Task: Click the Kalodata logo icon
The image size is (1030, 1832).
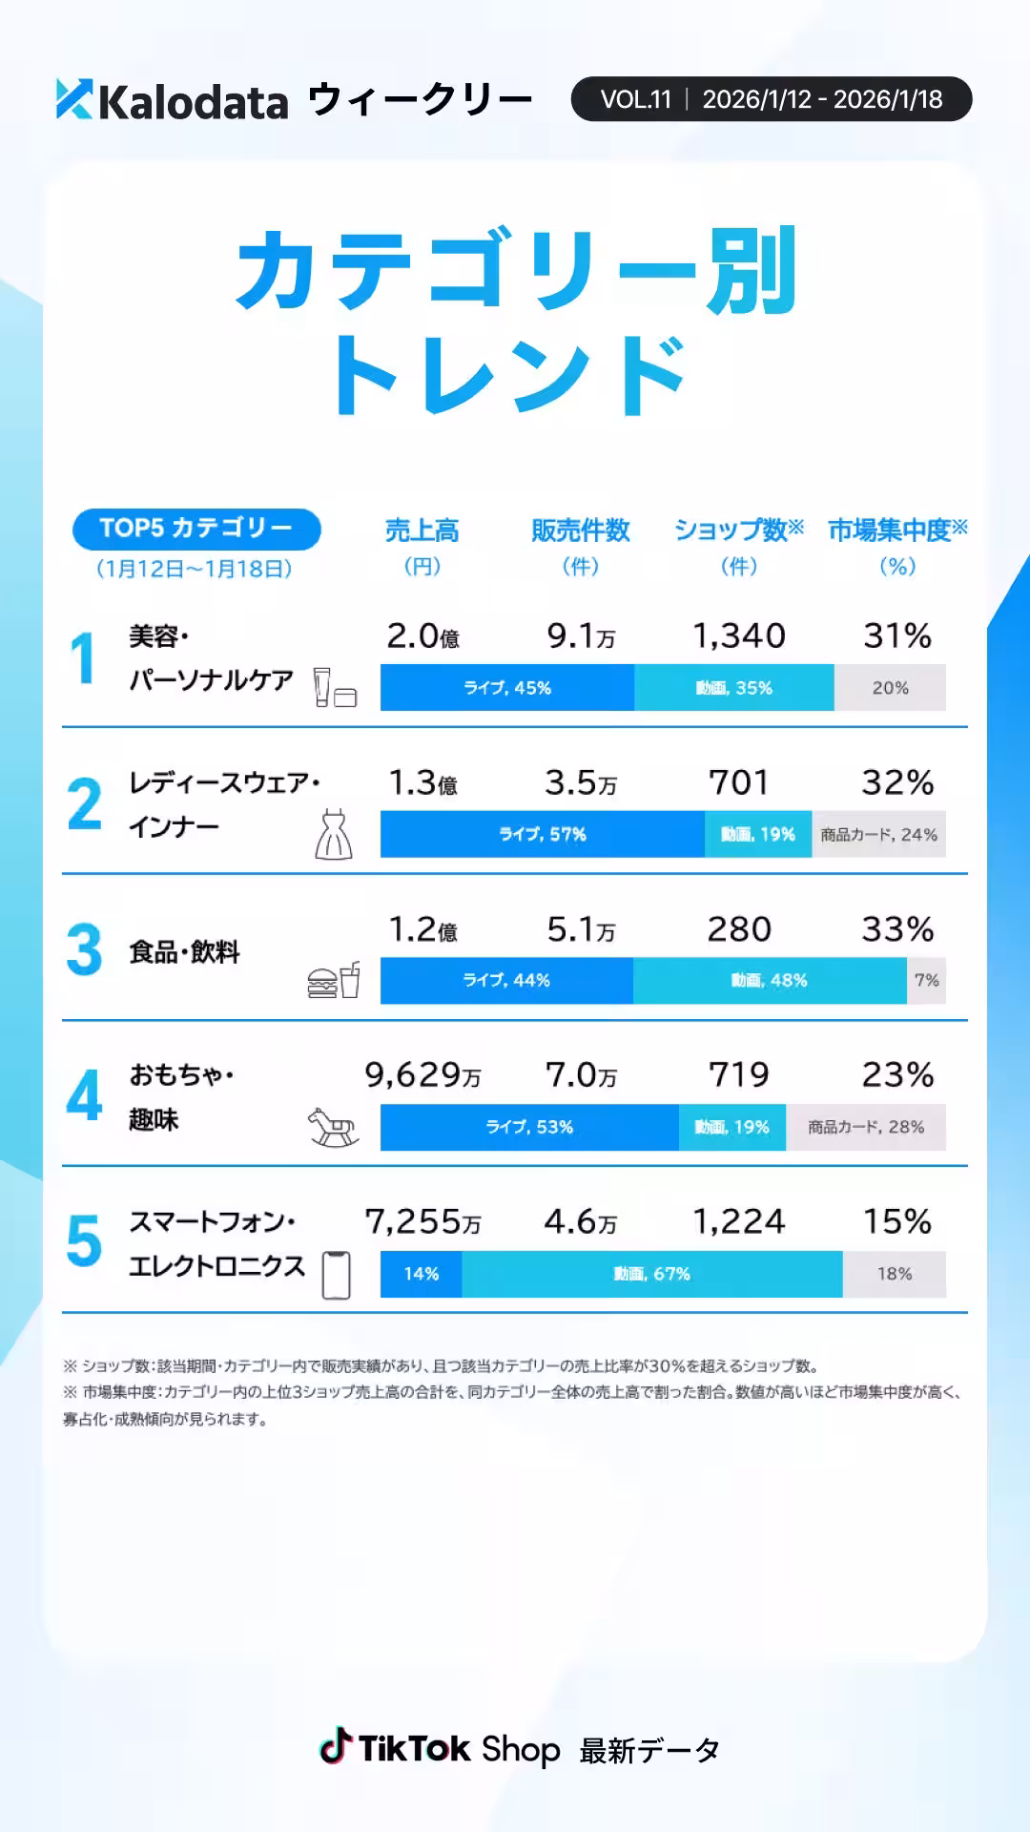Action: pyautogui.click(x=74, y=99)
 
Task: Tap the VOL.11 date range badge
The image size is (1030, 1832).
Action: pyautogui.click(x=771, y=99)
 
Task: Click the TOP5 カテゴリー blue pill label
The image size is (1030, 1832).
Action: pyautogui.click(x=196, y=529)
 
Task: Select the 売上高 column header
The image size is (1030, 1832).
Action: pyautogui.click(x=422, y=531)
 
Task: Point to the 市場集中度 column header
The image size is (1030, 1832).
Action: pyautogui.click(x=896, y=531)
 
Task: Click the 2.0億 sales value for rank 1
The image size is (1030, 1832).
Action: pyautogui.click(x=422, y=636)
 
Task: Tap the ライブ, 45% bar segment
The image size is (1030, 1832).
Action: pyautogui.click(x=506, y=688)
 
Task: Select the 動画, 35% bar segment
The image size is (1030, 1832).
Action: pyautogui.click(x=733, y=688)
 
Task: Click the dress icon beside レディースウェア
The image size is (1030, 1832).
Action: pyautogui.click(x=334, y=834)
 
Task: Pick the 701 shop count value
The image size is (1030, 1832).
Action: pyautogui.click(x=738, y=783)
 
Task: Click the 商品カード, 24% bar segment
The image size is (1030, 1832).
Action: pyautogui.click(x=878, y=835)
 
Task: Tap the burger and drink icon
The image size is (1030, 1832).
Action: pyautogui.click(x=334, y=981)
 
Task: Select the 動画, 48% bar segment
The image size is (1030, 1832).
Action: pyautogui.click(x=769, y=981)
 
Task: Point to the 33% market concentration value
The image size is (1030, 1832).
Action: pyautogui.click(x=896, y=929)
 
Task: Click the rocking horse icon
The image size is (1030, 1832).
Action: pyautogui.click(x=333, y=1128)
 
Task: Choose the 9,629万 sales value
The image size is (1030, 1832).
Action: pyautogui.click(x=422, y=1076)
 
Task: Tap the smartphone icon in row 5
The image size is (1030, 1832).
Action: pyautogui.click(x=336, y=1275)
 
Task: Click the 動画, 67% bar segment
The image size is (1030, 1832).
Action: pyautogui.click(x=651, y=1275)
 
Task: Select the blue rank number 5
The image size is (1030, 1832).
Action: pyautogui.click(x=84, y=1240)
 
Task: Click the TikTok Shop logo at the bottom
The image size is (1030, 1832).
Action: pyautogui.click(x=440, y=1749)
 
